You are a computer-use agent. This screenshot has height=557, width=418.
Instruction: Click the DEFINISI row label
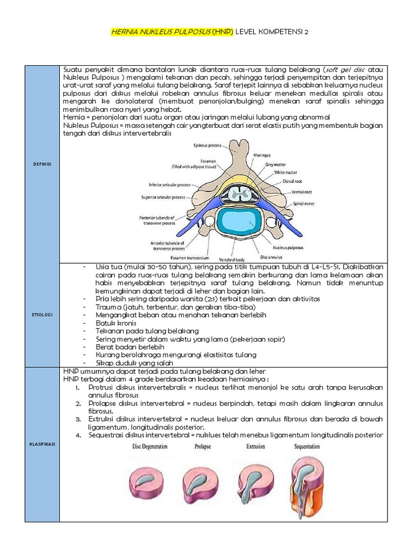pyautogui.click(x=42, y=163)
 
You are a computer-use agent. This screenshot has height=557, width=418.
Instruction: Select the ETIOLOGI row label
pyautogui.click(x=42, y=314)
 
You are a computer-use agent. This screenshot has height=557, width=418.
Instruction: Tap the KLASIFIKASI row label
pyautogui.click(x=42, y=444)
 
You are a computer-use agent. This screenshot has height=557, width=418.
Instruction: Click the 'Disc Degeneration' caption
pyautogui.click(x=150, y=446)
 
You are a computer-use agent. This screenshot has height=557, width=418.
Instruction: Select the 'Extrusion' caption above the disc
pyautogui.click(x=255, y=446)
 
